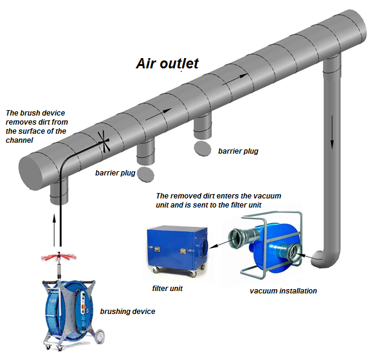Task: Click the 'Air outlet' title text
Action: click(x=167, y=64)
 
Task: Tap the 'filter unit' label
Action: click(x=167, y=288)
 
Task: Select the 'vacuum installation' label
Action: click(x=283, y=290)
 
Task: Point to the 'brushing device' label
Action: click(x=128, y=312)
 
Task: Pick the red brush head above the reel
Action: click(x=59, y=257)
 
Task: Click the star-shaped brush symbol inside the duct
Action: click(x=104, y=142)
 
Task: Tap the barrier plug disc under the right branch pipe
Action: click(x=202, y=149)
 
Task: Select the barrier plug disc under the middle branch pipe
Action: click(x=145, y=174)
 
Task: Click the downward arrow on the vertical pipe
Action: click(x=332, y=132)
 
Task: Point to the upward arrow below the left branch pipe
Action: click(x=55, y=230)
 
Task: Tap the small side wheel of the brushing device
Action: click(x=99, y=336)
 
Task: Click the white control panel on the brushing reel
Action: click(x=84, y=309)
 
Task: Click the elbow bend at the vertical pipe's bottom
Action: click(x=325, y=260)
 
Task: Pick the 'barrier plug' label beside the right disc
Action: click(x=238, y=151)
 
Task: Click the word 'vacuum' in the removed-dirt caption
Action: click(x=267, y=196)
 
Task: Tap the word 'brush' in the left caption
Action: click(x=25, y=113)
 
